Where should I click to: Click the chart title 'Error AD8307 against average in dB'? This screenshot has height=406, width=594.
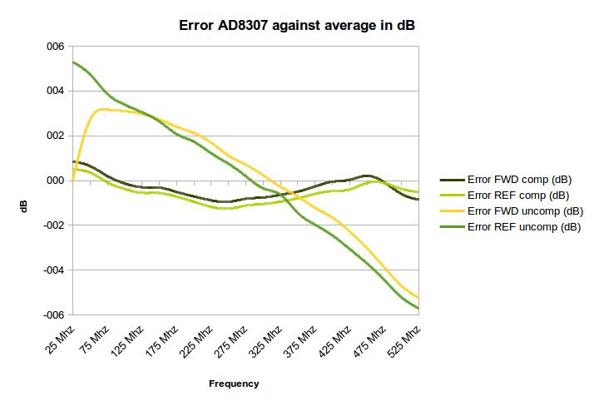pos(297,25)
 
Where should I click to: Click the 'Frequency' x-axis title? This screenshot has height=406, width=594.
pos(234,384)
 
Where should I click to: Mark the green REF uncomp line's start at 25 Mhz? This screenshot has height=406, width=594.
pos(73,62)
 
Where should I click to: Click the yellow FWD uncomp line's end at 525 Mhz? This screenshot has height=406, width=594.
pos(418,299)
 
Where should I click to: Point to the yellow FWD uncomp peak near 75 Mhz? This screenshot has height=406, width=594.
pos(101,109)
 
